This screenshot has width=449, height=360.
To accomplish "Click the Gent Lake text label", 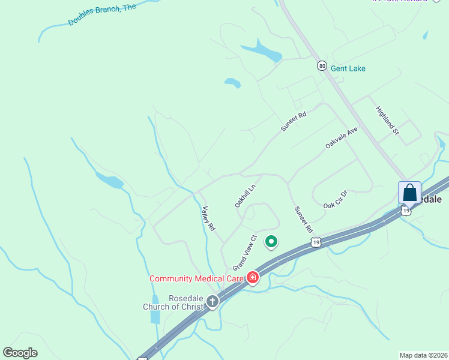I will tap(348, 68).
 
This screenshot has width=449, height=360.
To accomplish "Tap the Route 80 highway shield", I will tap(322, 65).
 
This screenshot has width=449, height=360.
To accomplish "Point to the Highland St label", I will tap(387, 120).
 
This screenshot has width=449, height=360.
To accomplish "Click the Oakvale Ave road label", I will tap(342, 138).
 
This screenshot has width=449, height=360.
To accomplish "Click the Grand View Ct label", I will tap(245, 252).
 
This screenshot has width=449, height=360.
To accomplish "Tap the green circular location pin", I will tap(271, 242).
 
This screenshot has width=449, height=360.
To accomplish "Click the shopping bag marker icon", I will tap(409, 193).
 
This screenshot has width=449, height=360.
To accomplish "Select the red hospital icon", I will tap(253, 277).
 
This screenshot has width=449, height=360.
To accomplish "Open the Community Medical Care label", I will tap(196, 278).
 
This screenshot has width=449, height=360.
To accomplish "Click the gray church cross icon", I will tap(212, 301).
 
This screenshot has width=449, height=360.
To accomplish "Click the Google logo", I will tap(20, 353).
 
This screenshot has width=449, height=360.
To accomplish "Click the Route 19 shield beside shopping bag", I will tap(407, 211).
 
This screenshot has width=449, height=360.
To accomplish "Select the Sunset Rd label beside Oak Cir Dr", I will tap(303, 219).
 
